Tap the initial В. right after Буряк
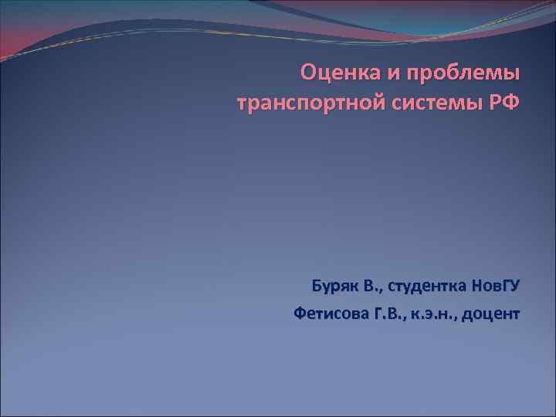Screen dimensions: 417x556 pos(372,287)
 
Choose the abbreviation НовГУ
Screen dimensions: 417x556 pos(496,287)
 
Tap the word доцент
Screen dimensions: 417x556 pos(492,315)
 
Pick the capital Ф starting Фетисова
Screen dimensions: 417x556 pos(301,314)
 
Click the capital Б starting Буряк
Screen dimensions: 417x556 pos(317,287)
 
